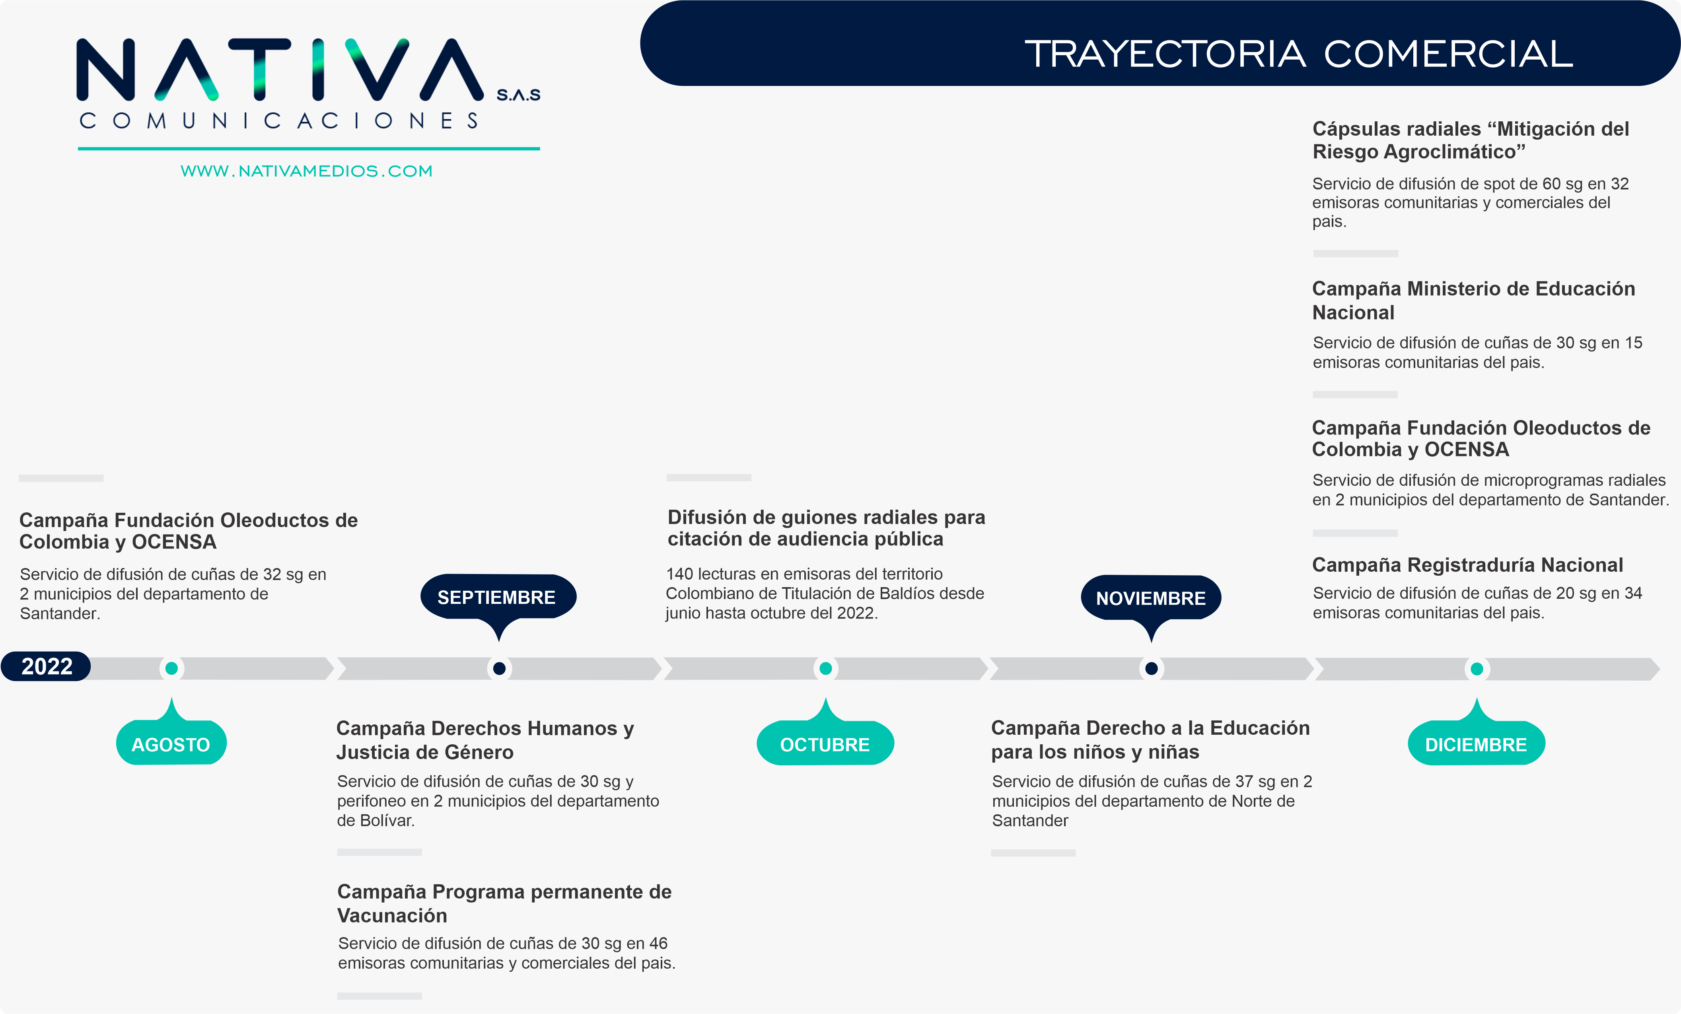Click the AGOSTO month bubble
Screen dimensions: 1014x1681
(171, 744)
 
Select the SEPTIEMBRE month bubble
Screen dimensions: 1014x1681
(497, 597)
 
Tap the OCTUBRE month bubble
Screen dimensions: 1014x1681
(825, 744)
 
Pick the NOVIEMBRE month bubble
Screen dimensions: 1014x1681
(1150, 598)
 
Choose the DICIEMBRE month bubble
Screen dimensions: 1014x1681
(1476, 744)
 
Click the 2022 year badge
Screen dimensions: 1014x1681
(47, 666)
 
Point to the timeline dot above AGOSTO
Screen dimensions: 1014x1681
(171, 668)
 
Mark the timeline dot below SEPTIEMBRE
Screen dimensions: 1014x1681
(499, 668)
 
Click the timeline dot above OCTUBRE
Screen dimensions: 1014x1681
(825, 668)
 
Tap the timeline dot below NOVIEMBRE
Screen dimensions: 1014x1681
(1151, 668)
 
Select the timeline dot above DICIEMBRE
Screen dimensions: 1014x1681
(1476, 669)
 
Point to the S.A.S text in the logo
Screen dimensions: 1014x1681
(518, 95)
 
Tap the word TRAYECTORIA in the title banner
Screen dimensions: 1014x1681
(1165, 54)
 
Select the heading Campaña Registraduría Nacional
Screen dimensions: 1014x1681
(1467, 565)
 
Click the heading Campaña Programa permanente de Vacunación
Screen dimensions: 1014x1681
(504, 903)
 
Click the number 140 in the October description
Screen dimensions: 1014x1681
(679, 574)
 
